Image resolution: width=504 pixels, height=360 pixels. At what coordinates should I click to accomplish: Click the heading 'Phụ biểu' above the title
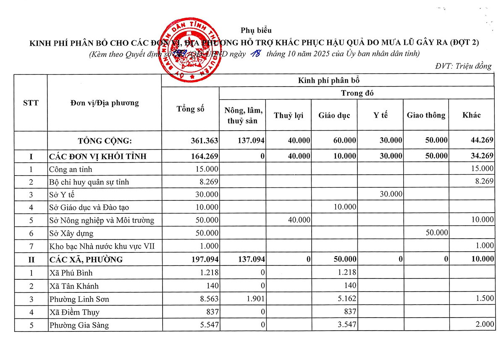click(x=256, y=30)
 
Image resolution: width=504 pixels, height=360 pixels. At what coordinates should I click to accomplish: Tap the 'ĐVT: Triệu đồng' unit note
click(x=463, y=66)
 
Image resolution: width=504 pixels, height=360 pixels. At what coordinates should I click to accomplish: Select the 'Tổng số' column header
click(x=190, y=109)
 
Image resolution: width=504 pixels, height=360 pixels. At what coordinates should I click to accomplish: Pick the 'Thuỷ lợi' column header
click(x=289, y=115)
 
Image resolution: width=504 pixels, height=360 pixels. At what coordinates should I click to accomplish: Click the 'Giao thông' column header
click(x=426, y=115)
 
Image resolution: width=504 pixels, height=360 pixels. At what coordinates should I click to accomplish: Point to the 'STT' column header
click(x=31, y=103)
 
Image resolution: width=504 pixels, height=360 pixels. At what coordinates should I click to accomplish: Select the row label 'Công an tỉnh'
click(x=71, y=169)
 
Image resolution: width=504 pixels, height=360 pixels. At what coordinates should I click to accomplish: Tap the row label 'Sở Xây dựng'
click(x=71, y=233)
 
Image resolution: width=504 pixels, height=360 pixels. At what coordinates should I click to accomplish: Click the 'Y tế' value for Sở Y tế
click(x=390, y=194)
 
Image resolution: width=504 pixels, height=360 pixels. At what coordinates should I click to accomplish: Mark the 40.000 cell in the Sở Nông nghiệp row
click(x=299, y=220)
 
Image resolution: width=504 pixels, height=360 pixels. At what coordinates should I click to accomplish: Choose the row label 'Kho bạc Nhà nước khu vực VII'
click(x=102, y=246)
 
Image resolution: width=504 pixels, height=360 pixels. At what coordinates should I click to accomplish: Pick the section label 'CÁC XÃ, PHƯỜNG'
click(x=86, y=260)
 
